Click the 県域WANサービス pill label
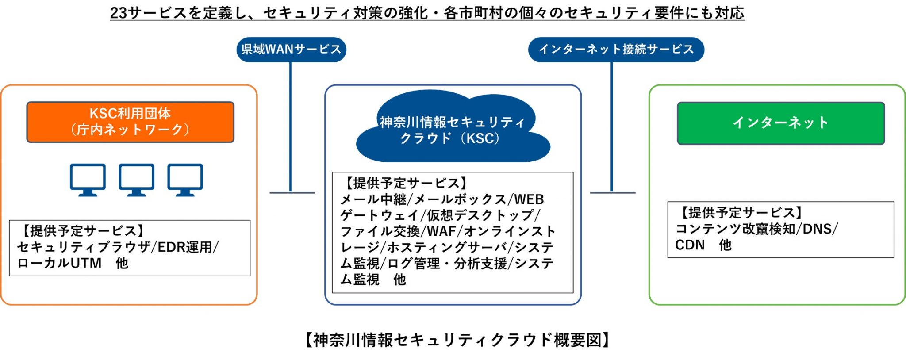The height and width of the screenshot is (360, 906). (291, 49)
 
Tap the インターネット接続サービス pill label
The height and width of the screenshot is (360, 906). (616, 49)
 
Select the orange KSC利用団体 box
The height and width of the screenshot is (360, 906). (130, 122)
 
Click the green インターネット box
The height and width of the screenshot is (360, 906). (781, 123)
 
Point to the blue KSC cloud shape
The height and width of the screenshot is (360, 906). (452, 128)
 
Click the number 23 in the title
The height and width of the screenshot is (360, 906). (119, 13)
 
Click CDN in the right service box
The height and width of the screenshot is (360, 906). (689, 245)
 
